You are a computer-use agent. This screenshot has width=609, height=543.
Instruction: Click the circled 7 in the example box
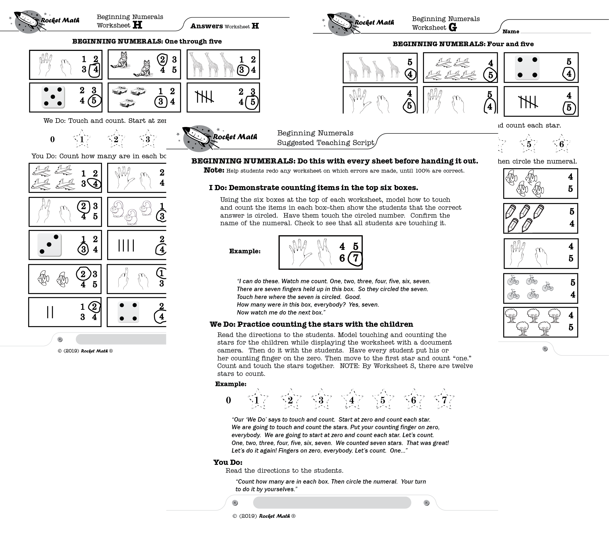[355, 258]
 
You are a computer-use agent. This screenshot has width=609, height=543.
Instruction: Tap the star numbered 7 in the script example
[444, 400]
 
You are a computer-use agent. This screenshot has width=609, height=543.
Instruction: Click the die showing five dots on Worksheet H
[53, 97]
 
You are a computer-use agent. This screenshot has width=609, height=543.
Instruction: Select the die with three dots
[49, 245]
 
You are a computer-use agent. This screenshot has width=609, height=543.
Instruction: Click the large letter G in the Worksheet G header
[453, 28]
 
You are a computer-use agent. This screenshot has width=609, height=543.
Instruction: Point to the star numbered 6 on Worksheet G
[561, 144]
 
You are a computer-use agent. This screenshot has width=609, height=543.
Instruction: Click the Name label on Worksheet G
[511, 32]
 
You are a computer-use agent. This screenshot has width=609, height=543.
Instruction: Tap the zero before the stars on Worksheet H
[52, 139]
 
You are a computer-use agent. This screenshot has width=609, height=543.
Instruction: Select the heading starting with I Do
[313, 188]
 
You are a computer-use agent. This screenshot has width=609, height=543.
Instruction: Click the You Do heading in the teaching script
[227, 462]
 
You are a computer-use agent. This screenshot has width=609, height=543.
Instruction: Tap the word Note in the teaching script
[214, 170]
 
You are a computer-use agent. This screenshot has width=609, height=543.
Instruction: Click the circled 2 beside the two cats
[162, 60]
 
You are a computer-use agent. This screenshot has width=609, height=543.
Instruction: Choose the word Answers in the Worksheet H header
[207, 26]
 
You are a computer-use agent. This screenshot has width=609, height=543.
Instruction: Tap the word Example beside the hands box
[245, 251]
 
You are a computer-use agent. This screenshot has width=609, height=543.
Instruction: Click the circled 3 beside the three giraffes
[242, 70]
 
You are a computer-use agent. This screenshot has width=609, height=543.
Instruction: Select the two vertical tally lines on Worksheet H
[50, 312]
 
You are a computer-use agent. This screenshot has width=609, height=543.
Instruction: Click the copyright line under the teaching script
[264, 516]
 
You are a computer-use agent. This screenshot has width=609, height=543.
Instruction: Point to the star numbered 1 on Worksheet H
[82, 139]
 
